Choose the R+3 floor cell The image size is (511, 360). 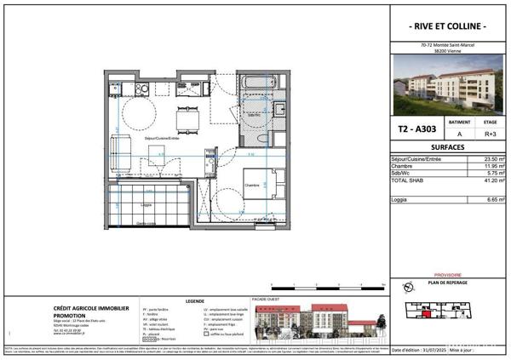pyautogui.click(x=491, y=134)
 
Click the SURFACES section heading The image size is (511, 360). pyautogui.click(x=448, y=146)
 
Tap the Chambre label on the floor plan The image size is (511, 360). pyautogui.click(x=253, y=184)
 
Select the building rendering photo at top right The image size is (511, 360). pyautogui.click(x=448, y=88)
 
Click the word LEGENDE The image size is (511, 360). pyautogui.click(x=196, y=300)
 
